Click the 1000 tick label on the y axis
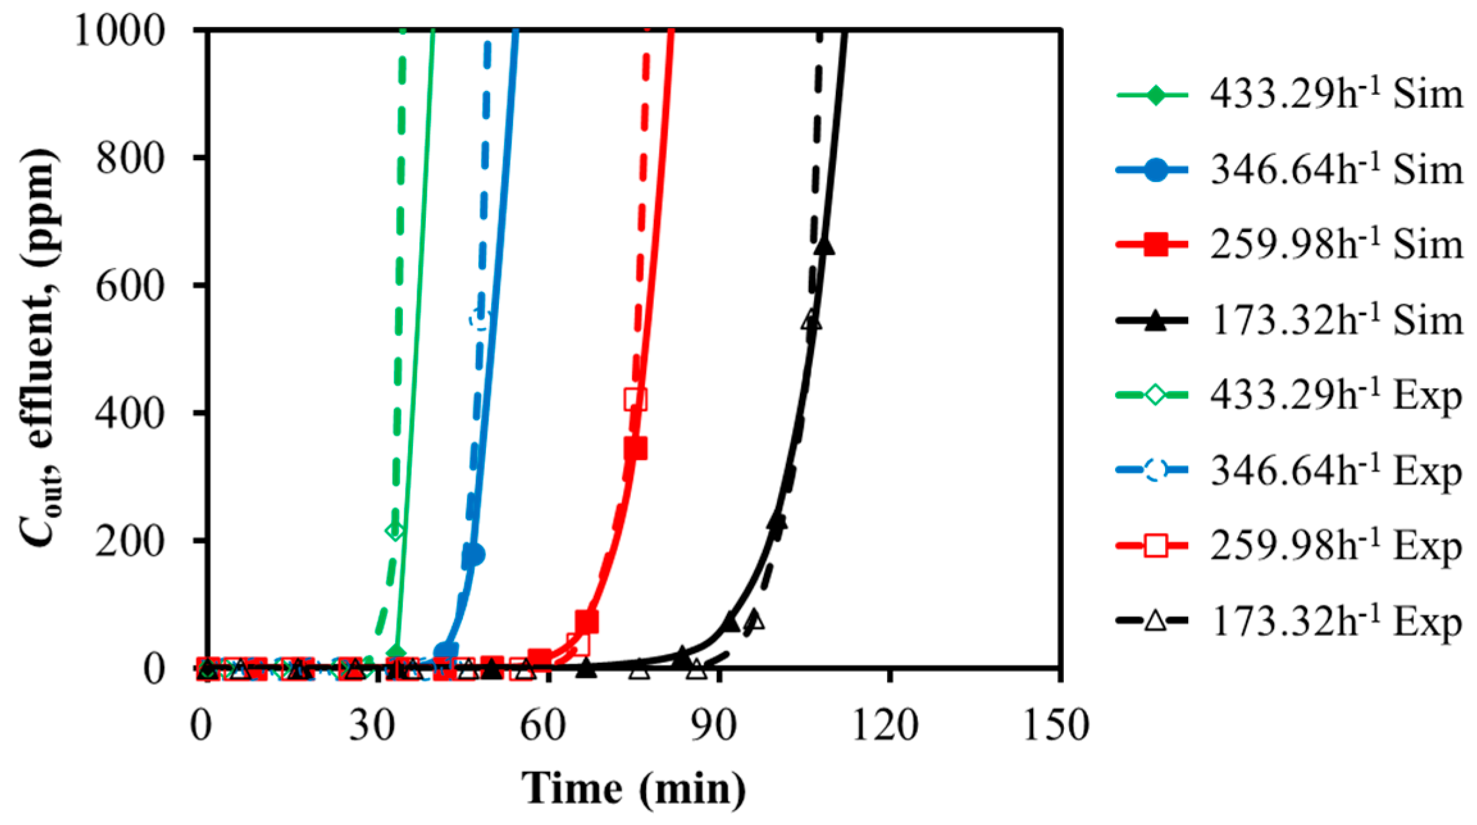120,29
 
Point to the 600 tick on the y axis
131,285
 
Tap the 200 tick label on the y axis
131,541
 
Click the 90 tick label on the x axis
717,726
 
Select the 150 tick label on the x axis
1057,726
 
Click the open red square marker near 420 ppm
635,399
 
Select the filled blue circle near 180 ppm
473,555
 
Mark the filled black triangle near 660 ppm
825,245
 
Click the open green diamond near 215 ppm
395,530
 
